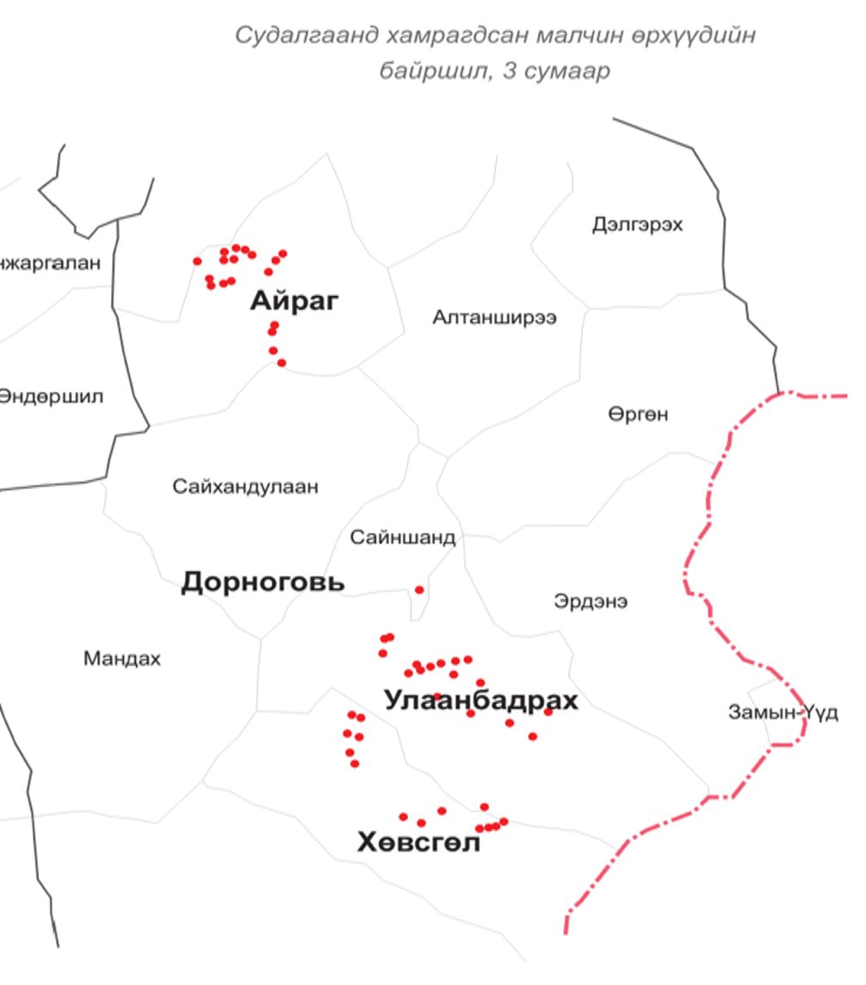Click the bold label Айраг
pyautogui.click(x=294, y=302)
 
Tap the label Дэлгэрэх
pyautogui.click(x=637, y=225)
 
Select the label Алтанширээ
pyautogui.click(x=494, y=318)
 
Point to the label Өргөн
pyautogui.click(x=638, y=415)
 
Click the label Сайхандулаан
pyautogui.click(x=245, y=488)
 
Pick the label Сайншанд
pyautogui.click(x=402, y=539)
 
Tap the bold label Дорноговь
pyautogui.click(x=263, y=582)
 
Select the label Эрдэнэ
pyautogui.click(x=591, y=602)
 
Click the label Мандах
pyautogui.click(x=121, y=660)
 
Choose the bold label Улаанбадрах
pyautogui.click(x=481, y=700)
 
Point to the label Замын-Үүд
pyautogui.click(x=782, y=713)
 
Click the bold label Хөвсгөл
pyautogui.click(x=418, y=843)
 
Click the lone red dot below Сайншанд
pyautogui.click(x=419, y=590)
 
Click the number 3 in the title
pyautogui.click(x=516, y=71)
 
